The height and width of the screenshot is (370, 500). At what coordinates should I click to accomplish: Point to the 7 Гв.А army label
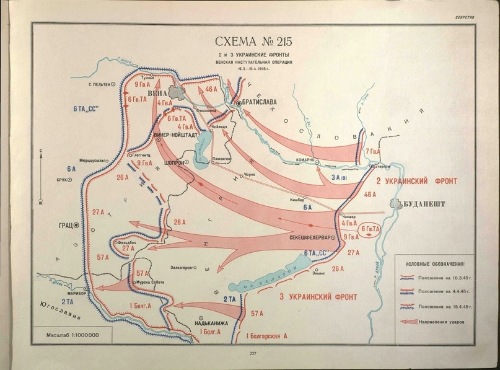pos(373,151)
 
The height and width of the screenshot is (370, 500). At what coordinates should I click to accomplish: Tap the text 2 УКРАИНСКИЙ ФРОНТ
pos(416,181)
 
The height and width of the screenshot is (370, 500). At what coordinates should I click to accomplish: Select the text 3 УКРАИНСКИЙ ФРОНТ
pos(319,294)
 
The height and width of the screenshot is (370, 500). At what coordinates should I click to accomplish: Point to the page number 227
pos(253,354)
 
